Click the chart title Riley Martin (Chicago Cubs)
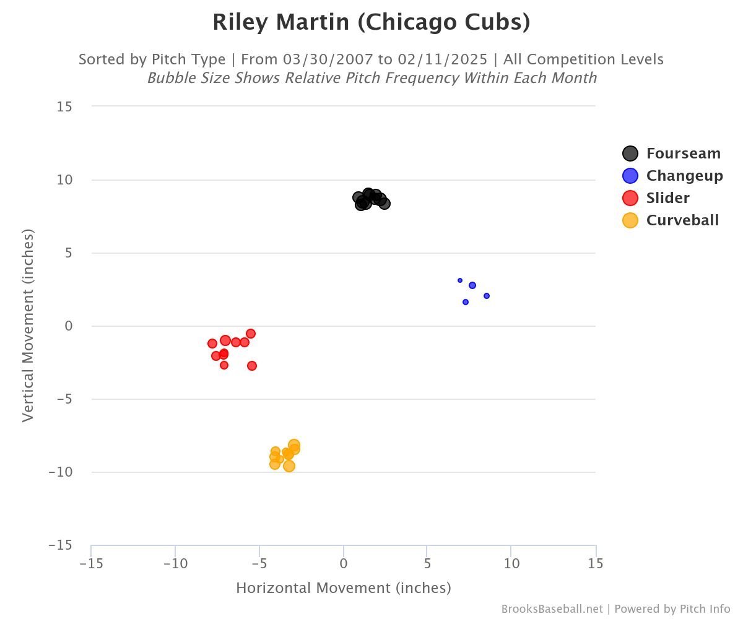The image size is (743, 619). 371,22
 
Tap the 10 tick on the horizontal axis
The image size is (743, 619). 511,564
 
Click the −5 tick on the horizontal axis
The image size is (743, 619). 259,564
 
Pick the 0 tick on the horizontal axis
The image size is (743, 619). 344,564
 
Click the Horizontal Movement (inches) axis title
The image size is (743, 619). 344,588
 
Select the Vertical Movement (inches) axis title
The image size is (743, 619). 28,326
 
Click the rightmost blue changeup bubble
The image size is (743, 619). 487,296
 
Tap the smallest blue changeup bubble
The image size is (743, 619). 460,280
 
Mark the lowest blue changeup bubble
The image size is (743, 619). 466,302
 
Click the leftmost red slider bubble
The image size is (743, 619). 212,344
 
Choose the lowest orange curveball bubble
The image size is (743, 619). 289,466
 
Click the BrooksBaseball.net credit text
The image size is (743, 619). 552,609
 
